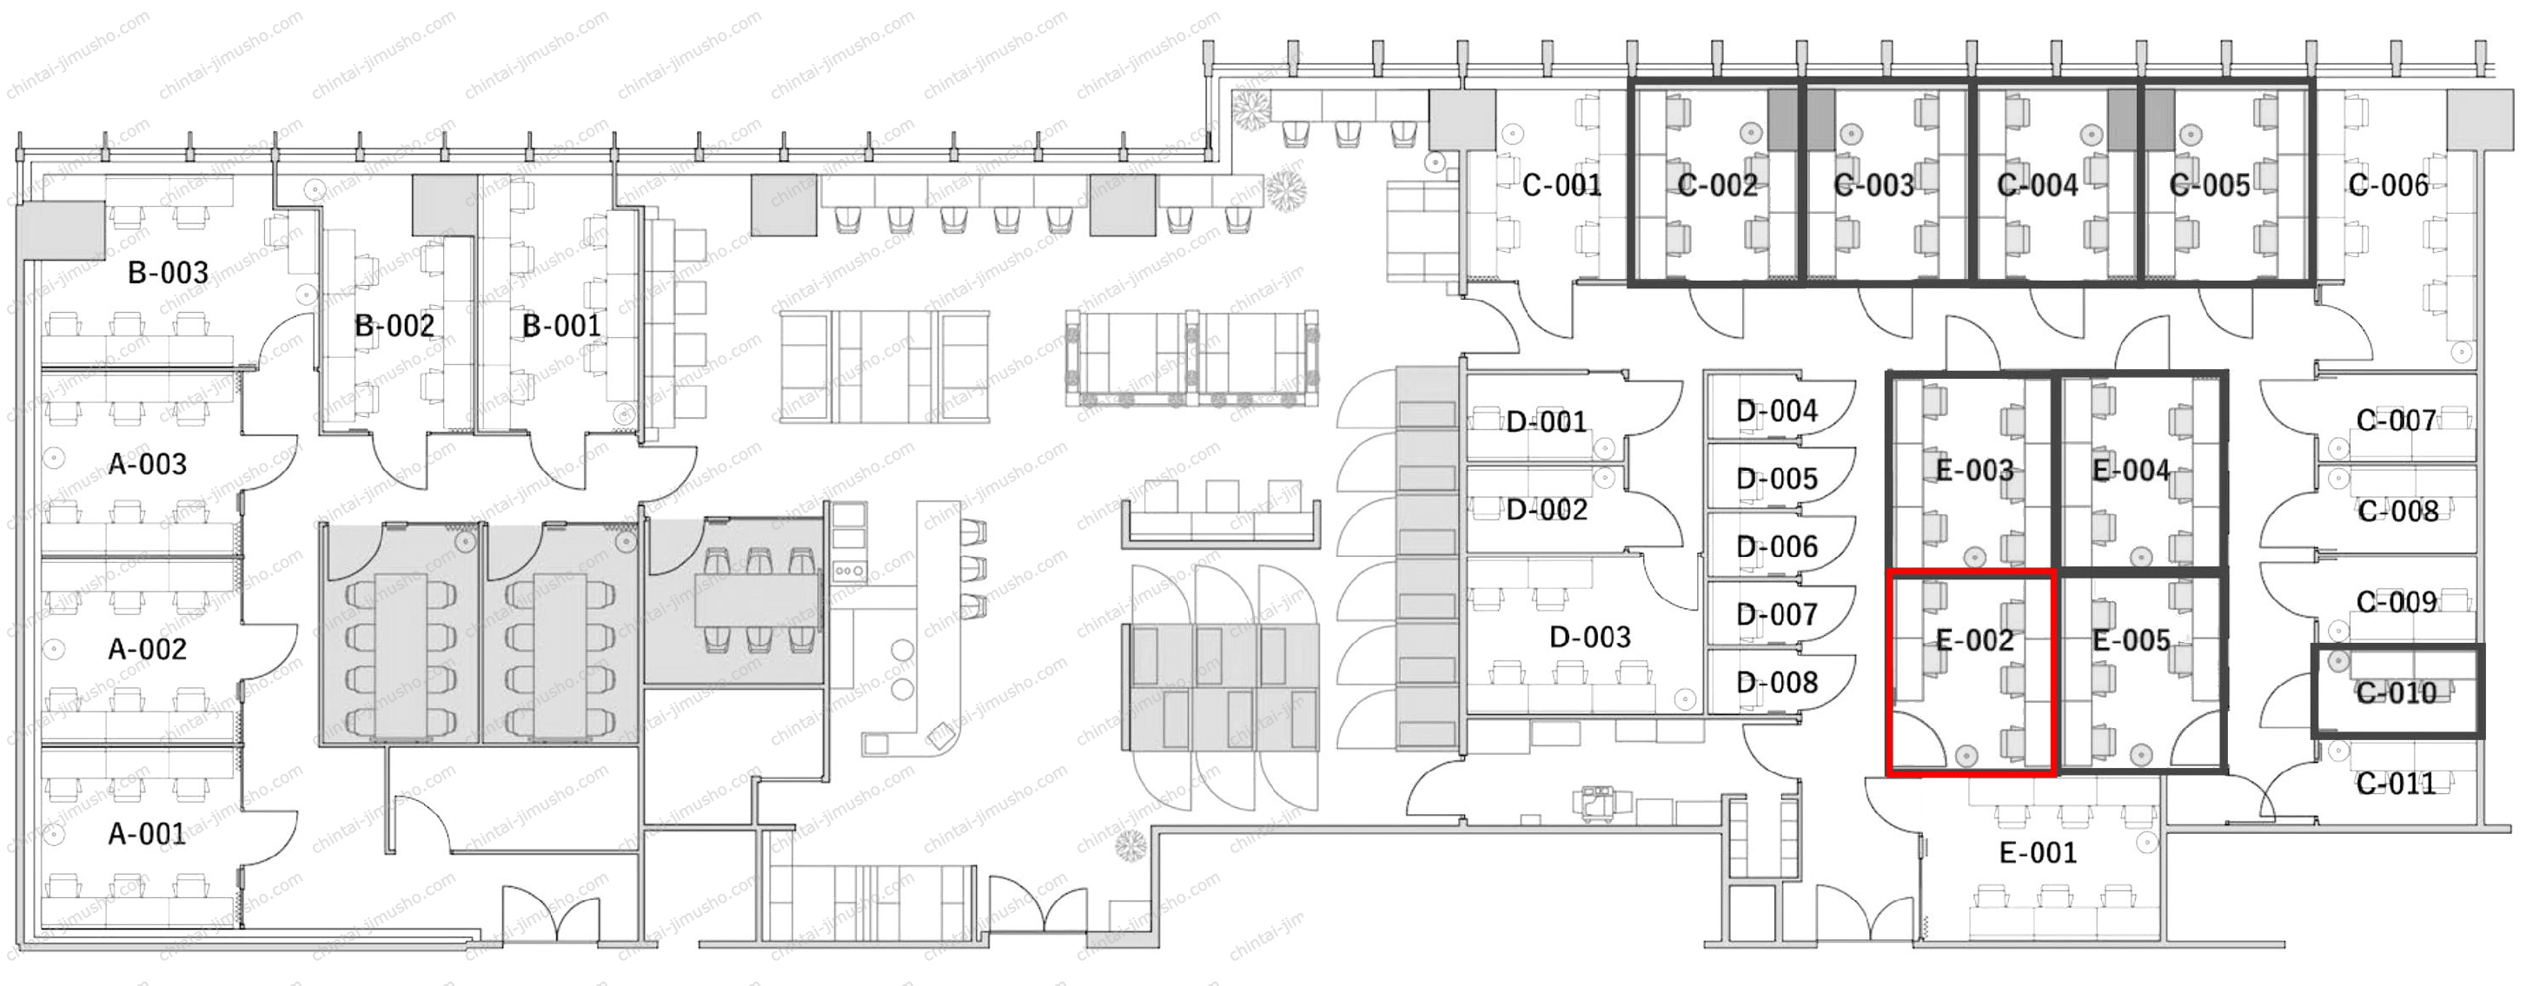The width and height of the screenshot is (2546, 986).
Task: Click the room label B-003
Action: coord(168,273)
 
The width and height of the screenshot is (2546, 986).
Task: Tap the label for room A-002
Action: coord(147,649)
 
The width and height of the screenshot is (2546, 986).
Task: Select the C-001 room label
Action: coord(1561,185)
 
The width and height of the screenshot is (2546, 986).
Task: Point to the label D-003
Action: coord(1589,638)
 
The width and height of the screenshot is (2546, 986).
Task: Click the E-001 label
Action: coord(2038,852)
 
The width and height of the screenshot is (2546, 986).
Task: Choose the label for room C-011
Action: coord(2396,784)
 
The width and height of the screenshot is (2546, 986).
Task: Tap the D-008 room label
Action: coord(1777,683)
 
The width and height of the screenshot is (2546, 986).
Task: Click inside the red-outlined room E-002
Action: coord(1972,672)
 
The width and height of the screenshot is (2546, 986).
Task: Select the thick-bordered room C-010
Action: coord(2397,692)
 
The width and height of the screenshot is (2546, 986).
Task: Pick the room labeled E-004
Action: coord(2141,471)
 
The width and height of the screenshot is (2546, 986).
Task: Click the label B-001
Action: coord(561,326)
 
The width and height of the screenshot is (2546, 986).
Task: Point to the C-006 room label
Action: coord(2388,185)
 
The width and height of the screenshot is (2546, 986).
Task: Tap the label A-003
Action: coord(147,465)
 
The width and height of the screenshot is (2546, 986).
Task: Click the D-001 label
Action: coord(1546,423)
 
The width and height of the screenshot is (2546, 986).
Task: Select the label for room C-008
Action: coord(2397,512)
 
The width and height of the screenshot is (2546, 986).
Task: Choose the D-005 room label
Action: coord(1777,480)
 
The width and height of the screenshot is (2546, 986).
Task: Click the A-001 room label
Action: coord(147,835)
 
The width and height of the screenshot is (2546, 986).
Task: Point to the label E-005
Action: coord(2132,641)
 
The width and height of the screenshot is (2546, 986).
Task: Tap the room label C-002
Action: coord(1718,185)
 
